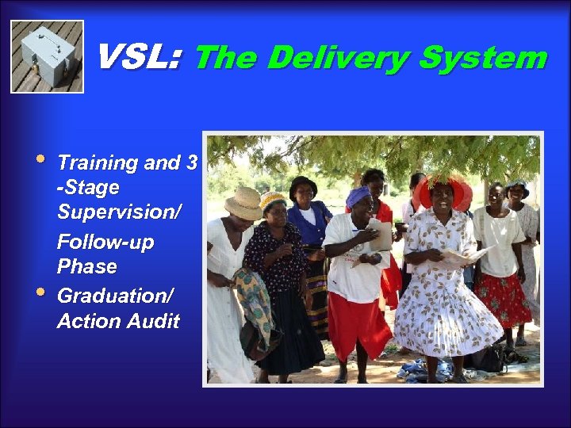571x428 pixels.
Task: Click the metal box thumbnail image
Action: click(x=47, y=56)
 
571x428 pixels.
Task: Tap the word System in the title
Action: click(x=483, y=58)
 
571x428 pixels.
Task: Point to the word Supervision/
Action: click(x=119, y=214)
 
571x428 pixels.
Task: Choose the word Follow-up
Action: click(x=105, y=241)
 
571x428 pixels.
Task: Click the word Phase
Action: click(x=87, y=266)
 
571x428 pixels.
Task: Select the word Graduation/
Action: click(x=114, y=296)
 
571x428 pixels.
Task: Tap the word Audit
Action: click(x=151, y=321)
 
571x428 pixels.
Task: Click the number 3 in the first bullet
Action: click(x=190, y=163)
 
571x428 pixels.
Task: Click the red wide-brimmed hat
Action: click(x=441, y=191)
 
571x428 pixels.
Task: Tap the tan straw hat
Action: click(x=243, y=203)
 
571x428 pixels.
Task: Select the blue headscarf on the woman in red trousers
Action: click(x=358, y=195)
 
